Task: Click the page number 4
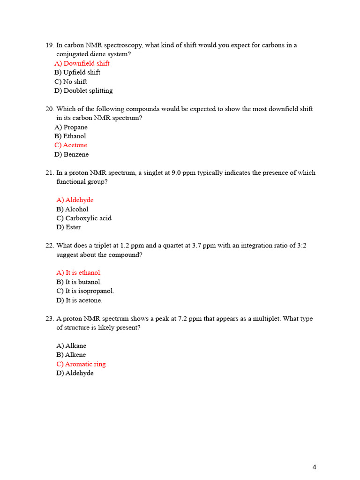[314, 467]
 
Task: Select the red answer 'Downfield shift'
[82, 63]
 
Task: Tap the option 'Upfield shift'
[78, 72]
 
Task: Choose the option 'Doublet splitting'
[84, 90]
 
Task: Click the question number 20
[50, 109]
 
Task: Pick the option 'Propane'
[71, 127]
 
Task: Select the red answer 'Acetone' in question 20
[71, 145]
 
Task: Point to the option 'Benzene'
[72, 154]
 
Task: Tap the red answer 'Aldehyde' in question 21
[75, 200]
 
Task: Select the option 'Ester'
[69, 227]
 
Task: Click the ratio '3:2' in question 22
[302, 246]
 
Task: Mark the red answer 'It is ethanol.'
[79, 273]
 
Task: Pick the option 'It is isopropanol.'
[85, 291]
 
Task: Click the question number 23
[50, 319]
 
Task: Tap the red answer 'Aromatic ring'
[81, 364]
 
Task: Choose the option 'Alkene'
[71, 355]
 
